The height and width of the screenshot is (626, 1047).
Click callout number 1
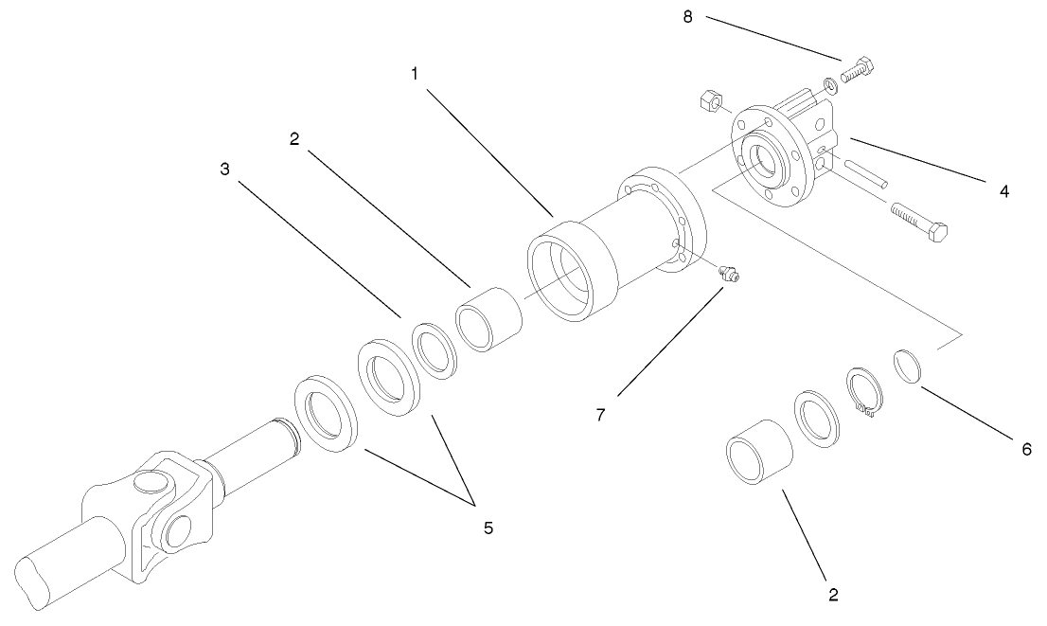pyautogui.click(x=414, y=73)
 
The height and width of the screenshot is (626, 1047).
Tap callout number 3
pyautogui.click(x=224, y=170)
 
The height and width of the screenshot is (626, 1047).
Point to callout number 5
pyautogui.click(x=488, y=527)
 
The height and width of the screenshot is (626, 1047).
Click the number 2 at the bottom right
pyautogui.click(x=833, y=595)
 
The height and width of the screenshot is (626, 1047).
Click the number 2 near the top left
pyautogui.click(x=294, y=138)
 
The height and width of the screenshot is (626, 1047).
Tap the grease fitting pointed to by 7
pyautogui.click(x=730, y=275)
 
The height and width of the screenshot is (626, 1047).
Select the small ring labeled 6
pyautogui.click(x=907, y=366)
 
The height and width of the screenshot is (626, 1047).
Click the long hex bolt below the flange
pyautogui.click(x=919, y=221)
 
